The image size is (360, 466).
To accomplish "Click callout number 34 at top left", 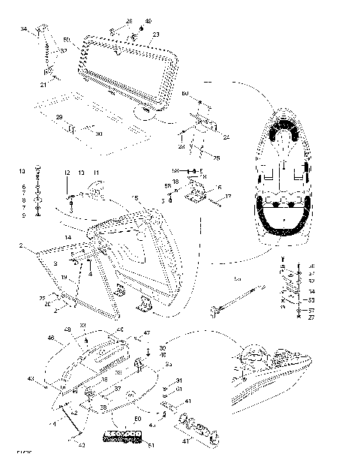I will pyautogui.click(x=23, y=29).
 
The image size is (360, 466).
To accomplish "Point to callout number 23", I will pyautogui.click(x=156, y=35).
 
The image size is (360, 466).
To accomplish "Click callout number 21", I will pyautogui.click(x=43, y=85).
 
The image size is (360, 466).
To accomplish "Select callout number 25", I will pyautogui.click(x=217, y=158).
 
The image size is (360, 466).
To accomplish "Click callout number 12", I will pyautogui.click(x=66, y=173).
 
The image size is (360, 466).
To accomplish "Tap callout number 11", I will pyautogui.click(x=95, y=173).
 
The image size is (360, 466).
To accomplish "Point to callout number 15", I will pyautogui.click(x=135, y=197).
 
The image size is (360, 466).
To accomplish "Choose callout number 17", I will pyautogui.click(x=229, y=197).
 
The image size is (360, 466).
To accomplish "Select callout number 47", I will pyautogui.click(x=147, y=332).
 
